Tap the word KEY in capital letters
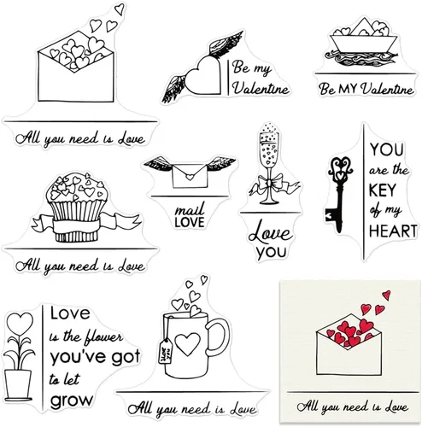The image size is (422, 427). [x=383, y=190]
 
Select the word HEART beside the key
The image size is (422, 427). [x=393, y=231]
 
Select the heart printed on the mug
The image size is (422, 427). [x=188, y=343]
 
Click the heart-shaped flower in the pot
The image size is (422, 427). [x=20, y=324]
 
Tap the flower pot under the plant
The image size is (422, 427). [x=18, y=385]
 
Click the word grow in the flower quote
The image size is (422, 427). [x=72, y=401]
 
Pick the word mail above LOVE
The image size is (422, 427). [x=190, y=209]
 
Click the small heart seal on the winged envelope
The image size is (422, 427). [x=190, y=177]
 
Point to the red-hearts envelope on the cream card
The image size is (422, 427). [x=349, y=344]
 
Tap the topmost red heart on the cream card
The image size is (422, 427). [x=386, y=295]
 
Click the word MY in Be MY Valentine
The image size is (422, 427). [x=348, y=89]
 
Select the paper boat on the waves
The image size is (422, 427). [x=364, y=36]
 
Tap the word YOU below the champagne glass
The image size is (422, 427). [x=271, y=253]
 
